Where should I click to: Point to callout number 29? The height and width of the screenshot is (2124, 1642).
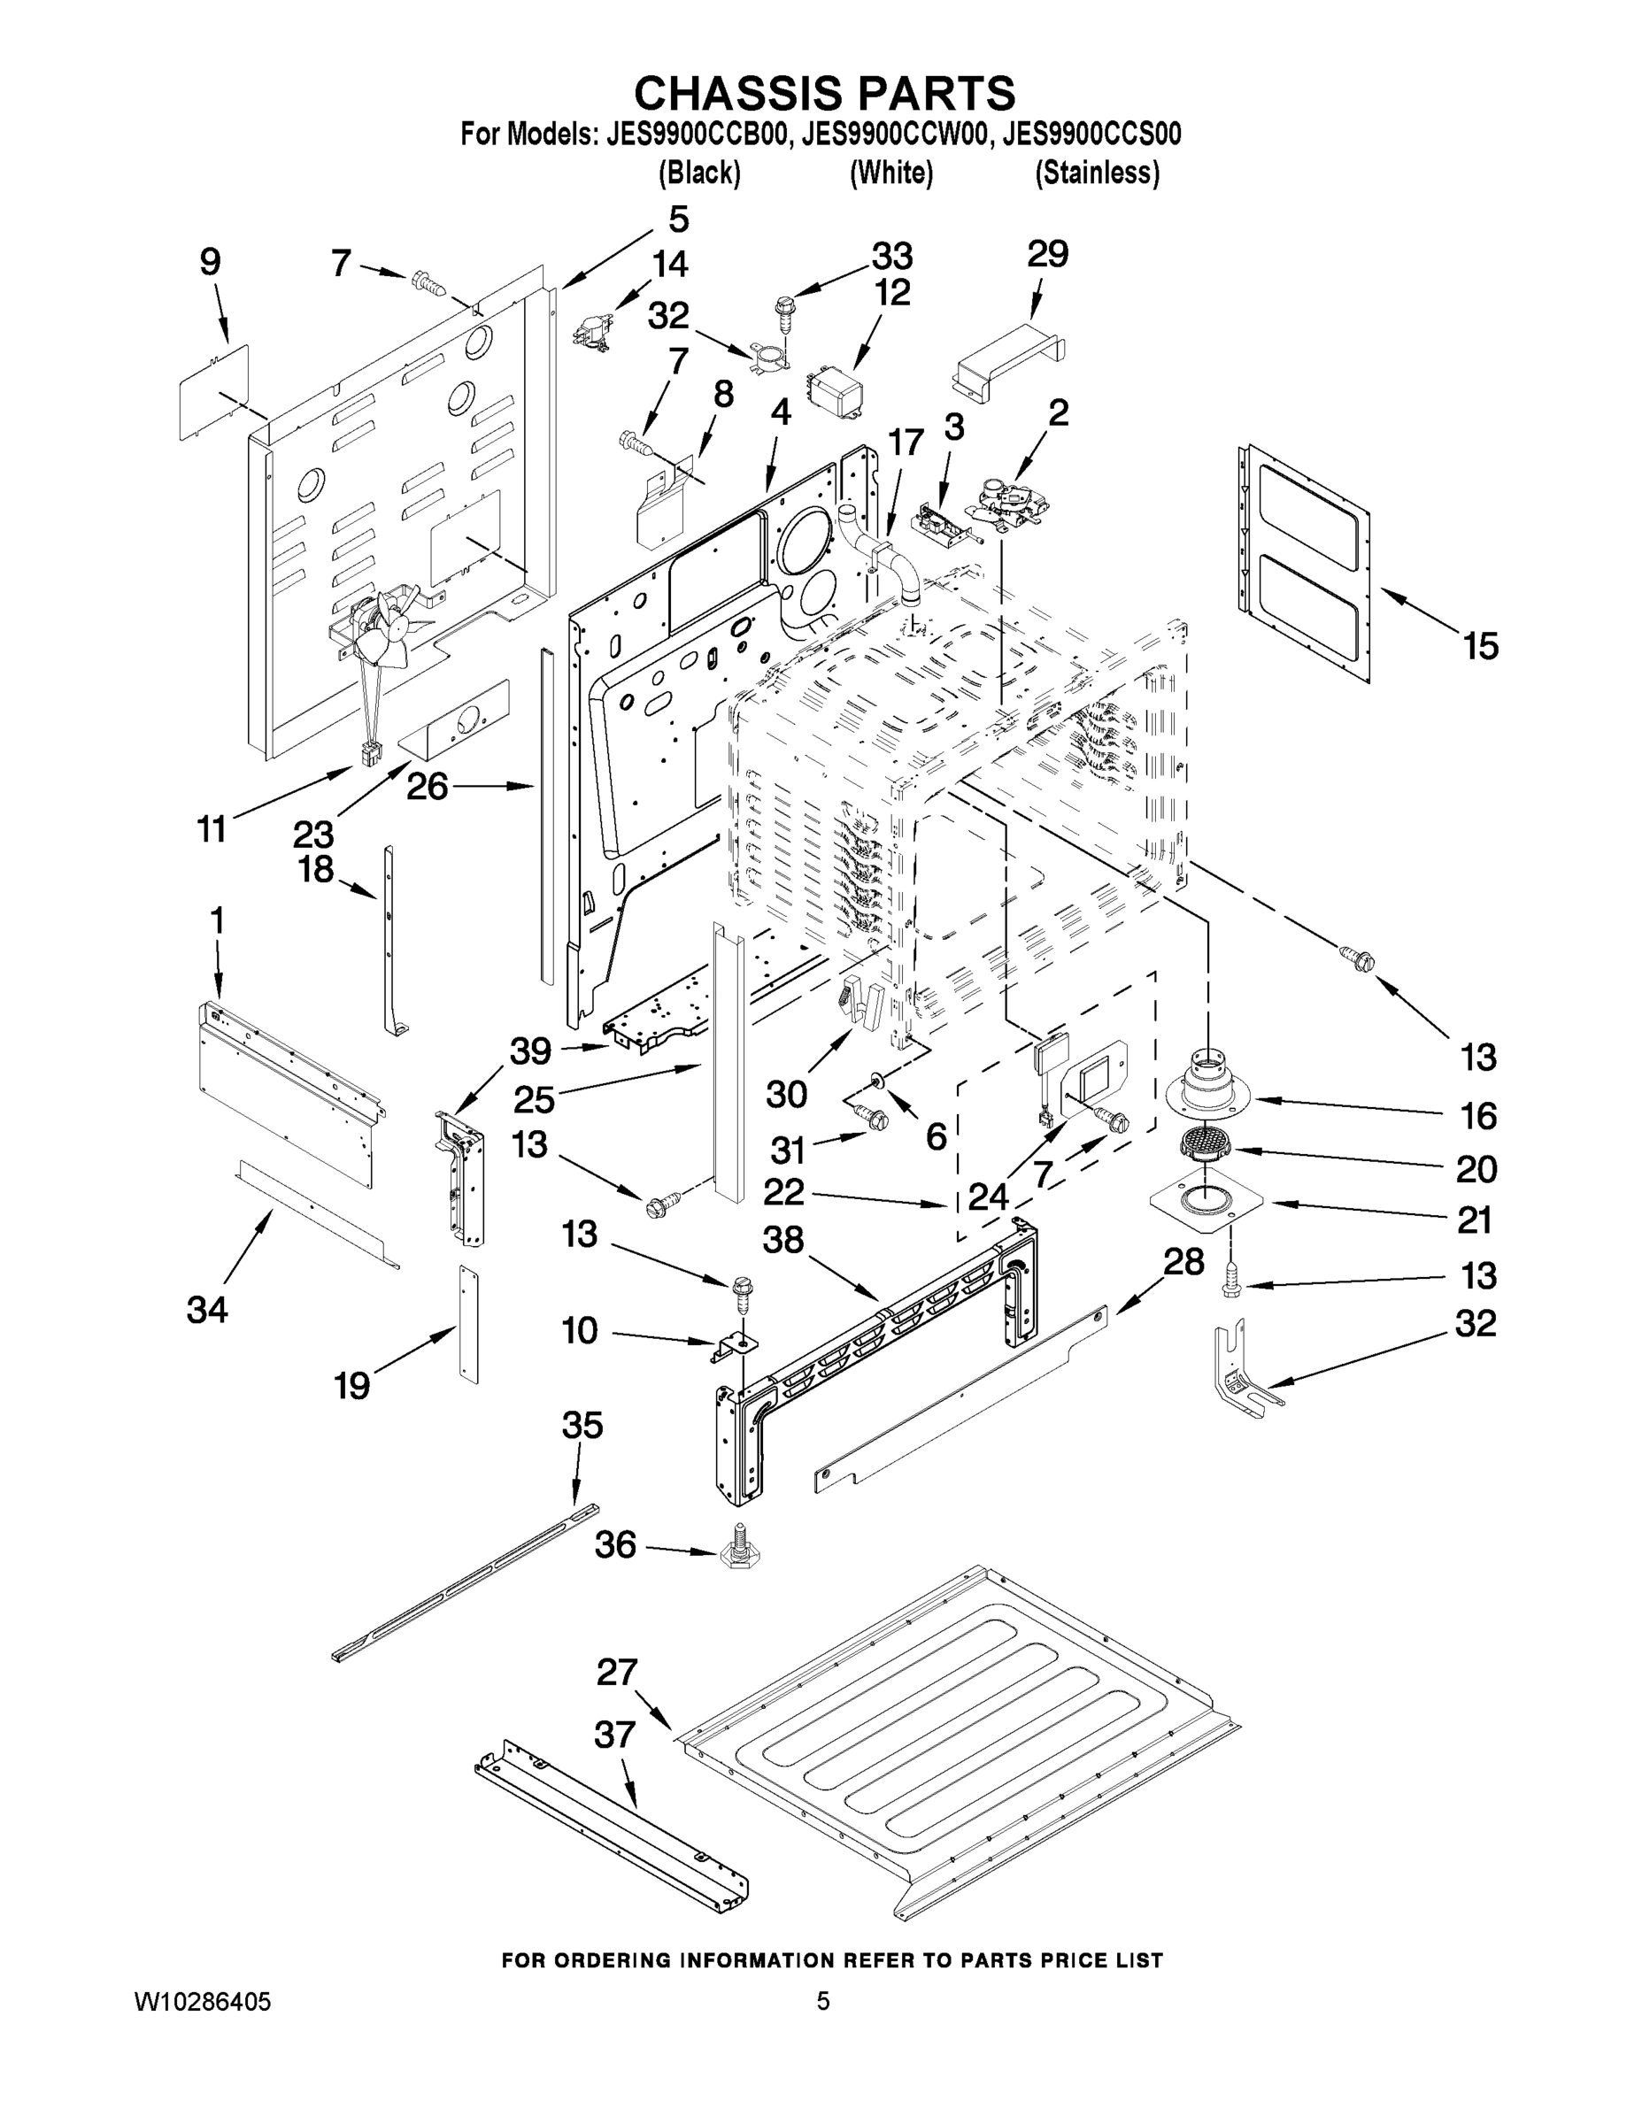1048,255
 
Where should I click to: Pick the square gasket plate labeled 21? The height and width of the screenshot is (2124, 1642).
1206,1202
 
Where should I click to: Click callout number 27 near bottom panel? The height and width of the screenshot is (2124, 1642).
617,1673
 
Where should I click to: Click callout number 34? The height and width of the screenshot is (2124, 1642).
207,1310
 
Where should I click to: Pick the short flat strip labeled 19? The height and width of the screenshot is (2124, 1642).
470,1325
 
